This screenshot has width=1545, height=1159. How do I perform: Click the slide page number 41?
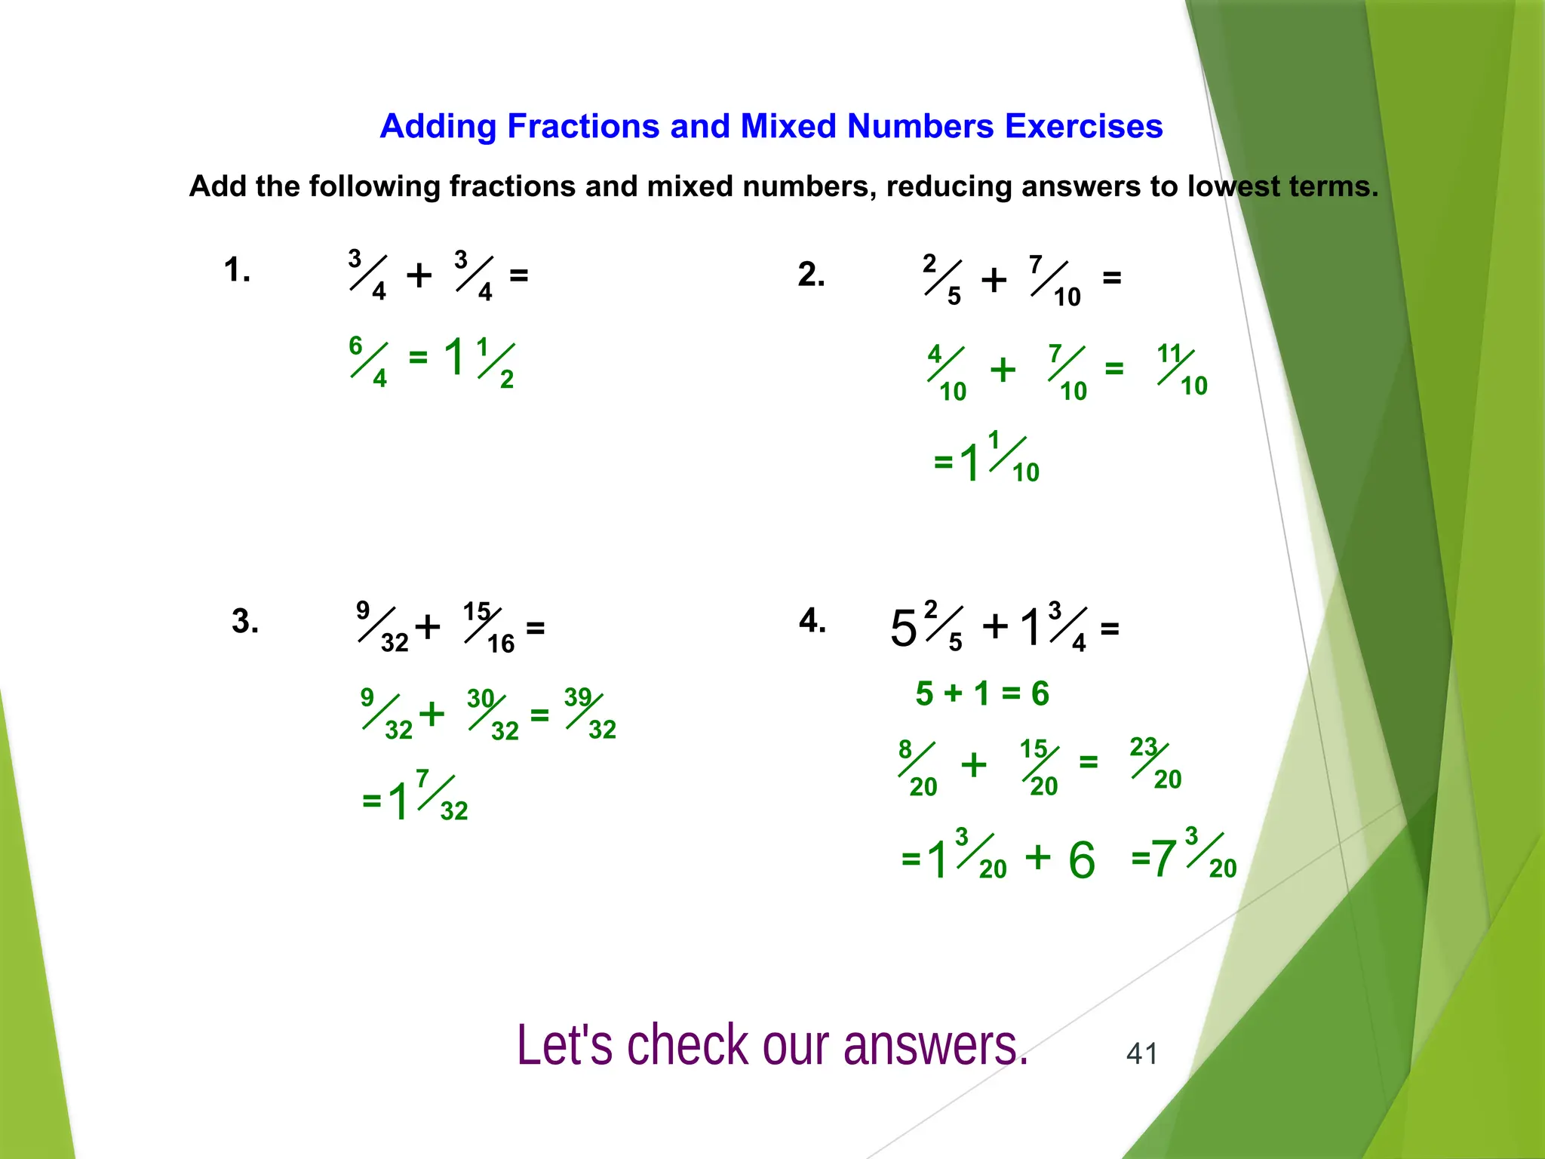click(1141, 1053)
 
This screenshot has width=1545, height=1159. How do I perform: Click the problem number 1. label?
click(237, 270)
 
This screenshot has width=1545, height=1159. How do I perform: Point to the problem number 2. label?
click(811, 275)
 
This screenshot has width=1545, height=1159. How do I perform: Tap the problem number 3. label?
click(245, 622)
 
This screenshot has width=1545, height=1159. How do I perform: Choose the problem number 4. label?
click(812, 621)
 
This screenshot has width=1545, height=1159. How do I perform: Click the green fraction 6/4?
click(368, 361)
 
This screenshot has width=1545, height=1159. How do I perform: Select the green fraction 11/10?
click(1182, 370)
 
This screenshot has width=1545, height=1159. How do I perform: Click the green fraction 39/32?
click(590, 713)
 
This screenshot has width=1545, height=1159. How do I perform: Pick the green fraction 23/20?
click(1155, 763)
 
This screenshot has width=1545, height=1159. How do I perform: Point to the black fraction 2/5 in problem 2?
click(942, 280)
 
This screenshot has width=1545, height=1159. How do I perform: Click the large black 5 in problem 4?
click(903, 629)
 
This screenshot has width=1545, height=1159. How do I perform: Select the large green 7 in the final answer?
click(1163, 859)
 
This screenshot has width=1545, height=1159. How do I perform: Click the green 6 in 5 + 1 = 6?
click(1040, 693)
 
